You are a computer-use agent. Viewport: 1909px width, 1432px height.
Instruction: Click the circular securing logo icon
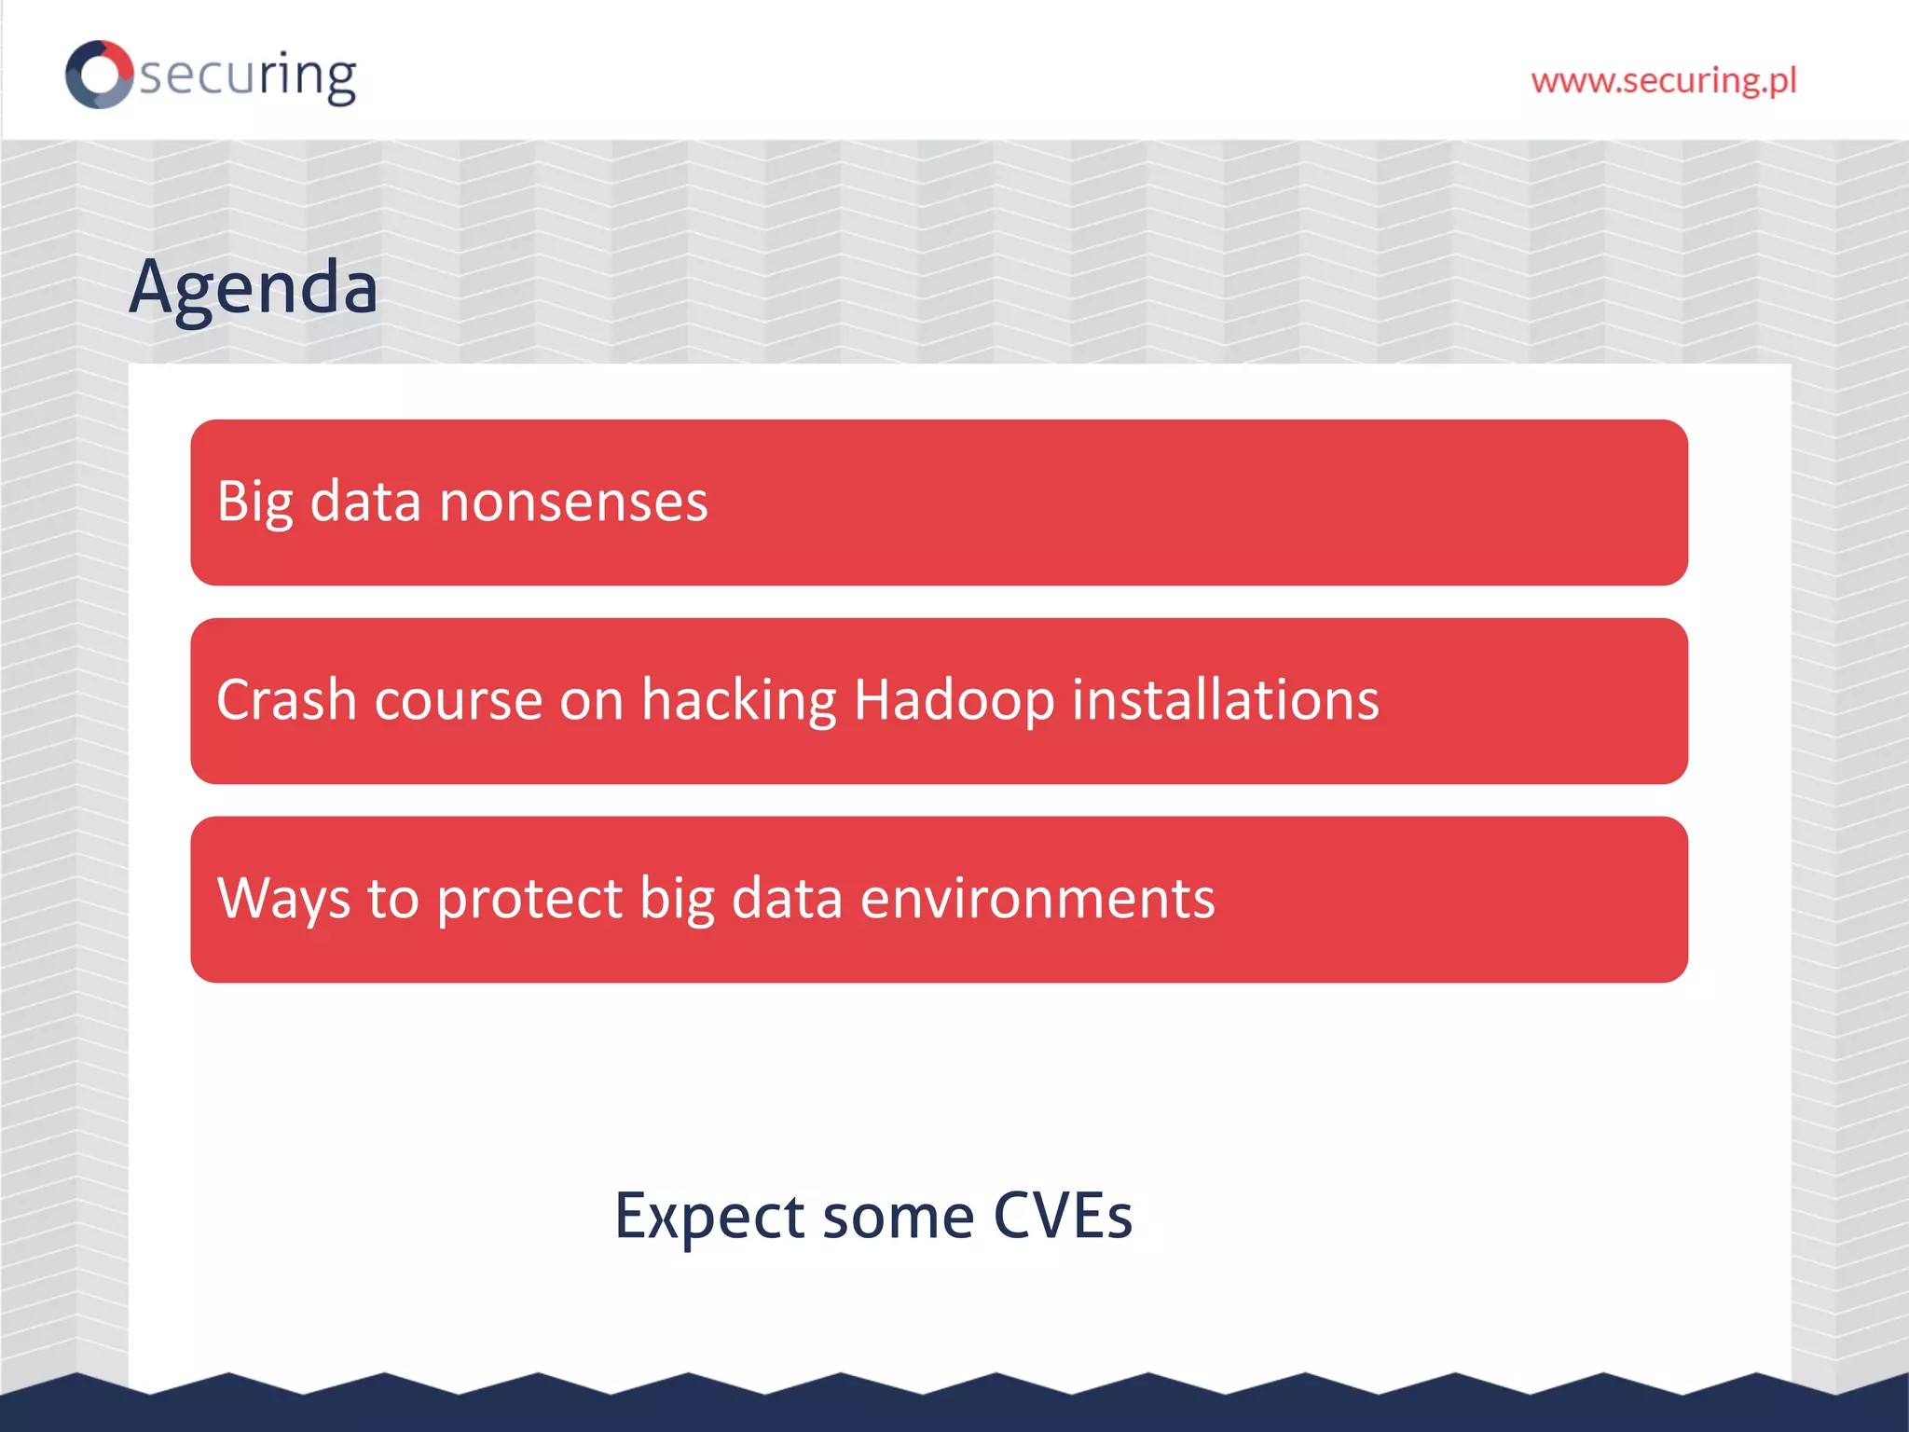[99, 75]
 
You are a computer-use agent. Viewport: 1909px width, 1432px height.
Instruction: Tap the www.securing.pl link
[1663, 81]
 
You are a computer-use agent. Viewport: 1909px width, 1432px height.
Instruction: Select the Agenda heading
[254, 288]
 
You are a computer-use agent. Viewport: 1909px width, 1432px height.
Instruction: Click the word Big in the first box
[254, 502]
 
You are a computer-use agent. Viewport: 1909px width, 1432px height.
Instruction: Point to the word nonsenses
[573, 502]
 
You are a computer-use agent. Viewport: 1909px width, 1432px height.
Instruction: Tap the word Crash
[286, 700]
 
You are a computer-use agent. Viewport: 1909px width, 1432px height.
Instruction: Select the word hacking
[739, 700]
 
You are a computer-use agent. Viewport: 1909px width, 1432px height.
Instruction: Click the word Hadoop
[954, 700]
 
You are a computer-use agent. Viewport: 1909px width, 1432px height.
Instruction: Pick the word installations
[1225, 700]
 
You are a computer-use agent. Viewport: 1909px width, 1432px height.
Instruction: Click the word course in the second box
[458, 700]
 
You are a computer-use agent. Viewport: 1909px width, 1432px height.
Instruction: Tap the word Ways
[283, 899]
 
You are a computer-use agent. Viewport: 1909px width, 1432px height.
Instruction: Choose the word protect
[529, 899]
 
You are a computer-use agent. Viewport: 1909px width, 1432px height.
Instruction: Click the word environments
[1037, 899]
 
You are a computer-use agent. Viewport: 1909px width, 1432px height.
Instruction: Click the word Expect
[709, 1217]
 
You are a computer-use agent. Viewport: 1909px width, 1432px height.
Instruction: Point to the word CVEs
[1062, 1217]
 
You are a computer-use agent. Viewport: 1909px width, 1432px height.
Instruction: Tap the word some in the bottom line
[899, 1217]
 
